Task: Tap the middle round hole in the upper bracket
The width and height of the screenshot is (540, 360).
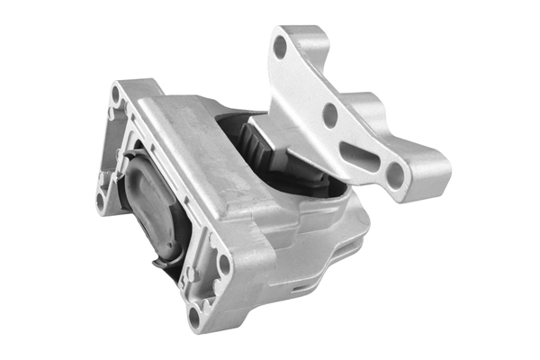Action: [x=330, y=113]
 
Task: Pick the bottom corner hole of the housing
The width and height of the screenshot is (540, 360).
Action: [x=194, y=316]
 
